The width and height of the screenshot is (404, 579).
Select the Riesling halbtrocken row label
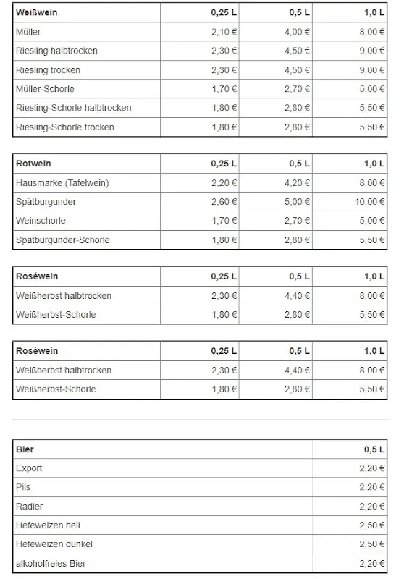pos(56,51)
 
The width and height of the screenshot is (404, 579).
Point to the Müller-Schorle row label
pos(45,89)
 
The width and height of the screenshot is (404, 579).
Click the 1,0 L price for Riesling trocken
pos(371,70)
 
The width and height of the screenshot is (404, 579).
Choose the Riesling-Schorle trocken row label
pos(64,127)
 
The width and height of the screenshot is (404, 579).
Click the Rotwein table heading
pos(33,164)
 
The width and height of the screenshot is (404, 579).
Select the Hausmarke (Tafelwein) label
pos(62,183)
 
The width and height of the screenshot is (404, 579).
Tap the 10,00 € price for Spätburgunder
pos(370,202)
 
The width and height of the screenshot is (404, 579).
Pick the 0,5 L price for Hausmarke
pos(297,183)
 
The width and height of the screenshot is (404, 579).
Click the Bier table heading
pos(25,449)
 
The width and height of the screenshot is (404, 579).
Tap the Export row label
pos(29,468)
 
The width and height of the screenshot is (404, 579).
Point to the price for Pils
pos(371,487)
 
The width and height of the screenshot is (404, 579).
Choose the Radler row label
pos(29,506)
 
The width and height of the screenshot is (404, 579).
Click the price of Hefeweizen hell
pos(371,525)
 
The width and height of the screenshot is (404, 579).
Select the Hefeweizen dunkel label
pos(54,544)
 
